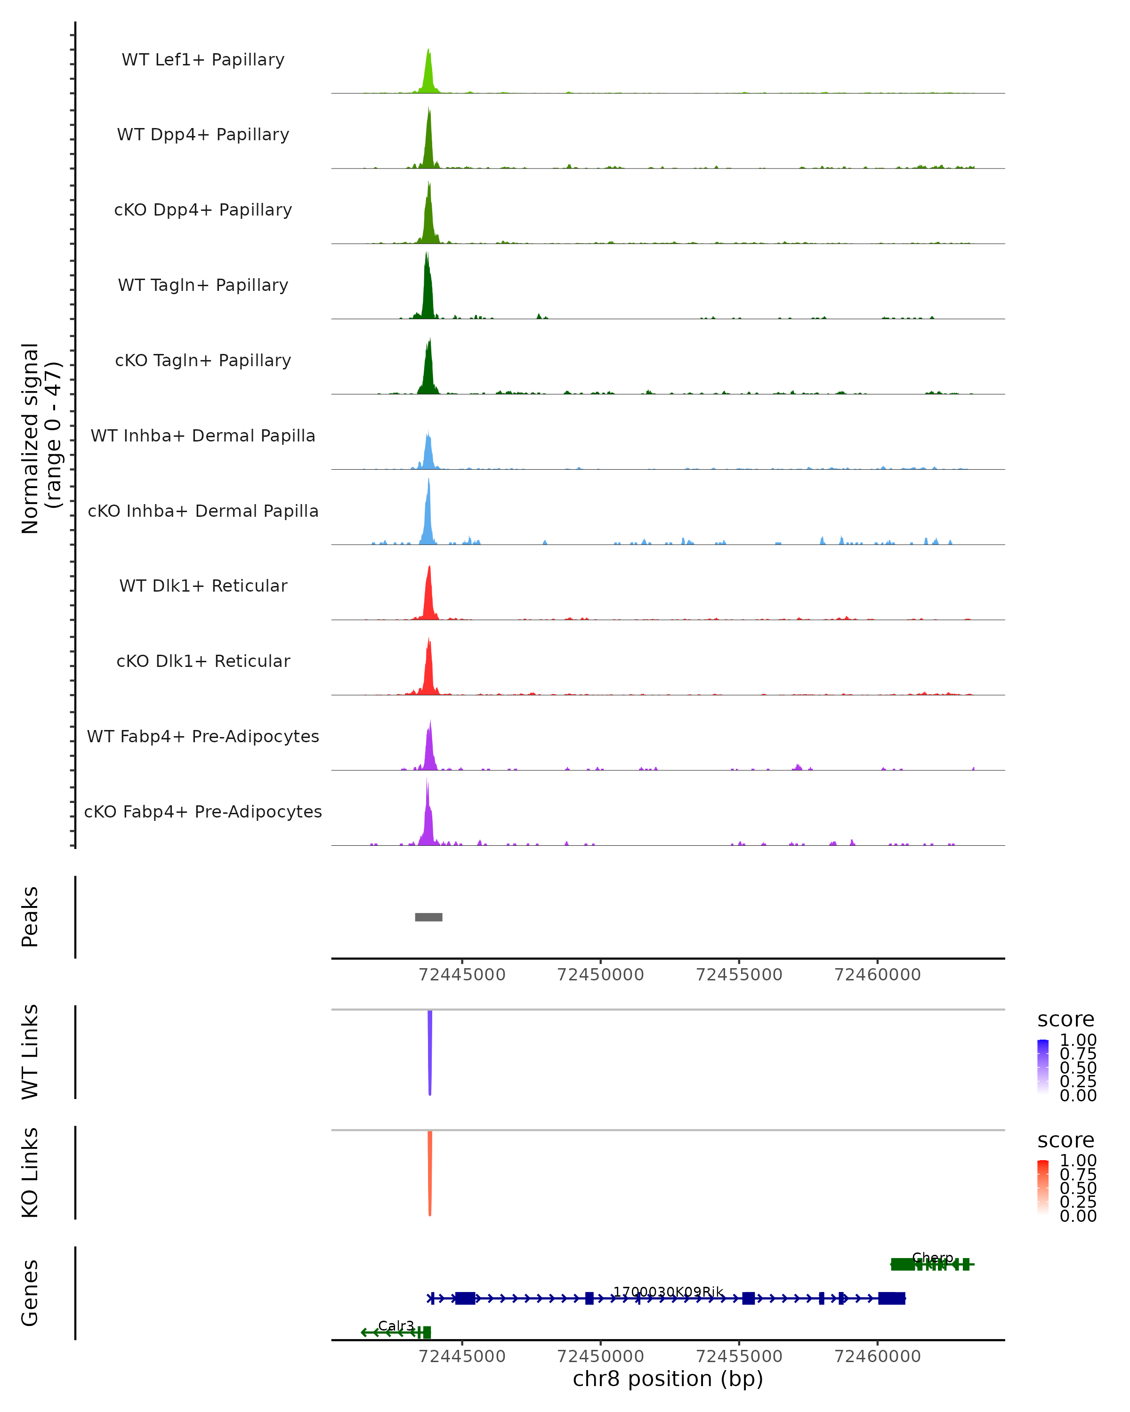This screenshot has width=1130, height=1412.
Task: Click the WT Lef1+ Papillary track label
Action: pyautogui.click(x=203, y=60)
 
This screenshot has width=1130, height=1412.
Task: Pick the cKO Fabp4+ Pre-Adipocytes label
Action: pyautogui.click(x=203, y=811)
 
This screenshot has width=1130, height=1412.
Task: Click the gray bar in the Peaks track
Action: pyautogui.click(x=428, y=917)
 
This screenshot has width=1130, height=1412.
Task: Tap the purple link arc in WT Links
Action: pyautogui.click(x=430, y=1048)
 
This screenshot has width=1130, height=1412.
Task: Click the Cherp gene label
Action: pyautogui.click(x=932, y=1258)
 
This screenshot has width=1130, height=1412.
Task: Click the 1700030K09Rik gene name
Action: pyautogui.click(x=668, y=1292)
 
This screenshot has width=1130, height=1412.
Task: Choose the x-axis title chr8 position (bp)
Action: pyautogui.click(x=668, y=1379)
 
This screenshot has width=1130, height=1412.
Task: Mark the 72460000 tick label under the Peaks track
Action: pyautogui.click(x=877, y=975)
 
